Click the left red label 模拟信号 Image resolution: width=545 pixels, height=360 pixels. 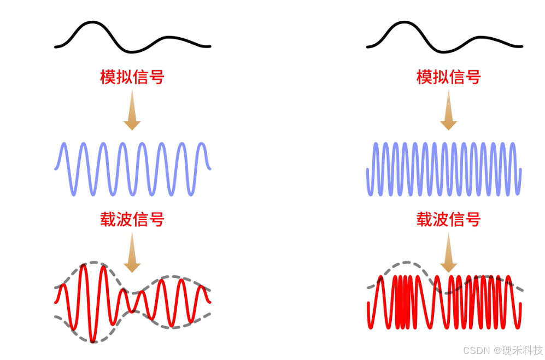(132, 77)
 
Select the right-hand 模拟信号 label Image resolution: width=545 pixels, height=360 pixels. (448, 77)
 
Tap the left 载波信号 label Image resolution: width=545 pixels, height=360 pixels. (132, 220)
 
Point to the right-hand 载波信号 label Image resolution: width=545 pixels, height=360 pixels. (448, 220)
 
